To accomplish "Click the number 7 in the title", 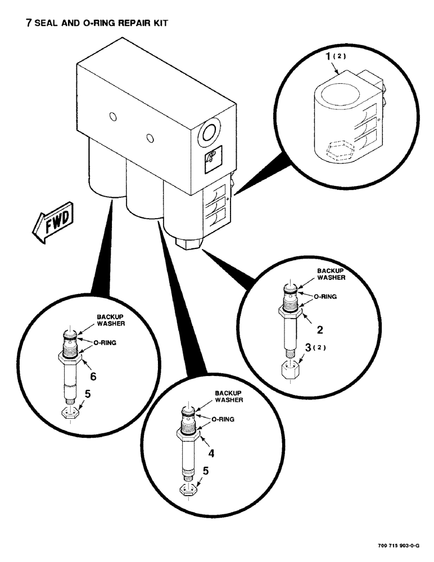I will (24, 24).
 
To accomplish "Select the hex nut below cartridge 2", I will (291, 369).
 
